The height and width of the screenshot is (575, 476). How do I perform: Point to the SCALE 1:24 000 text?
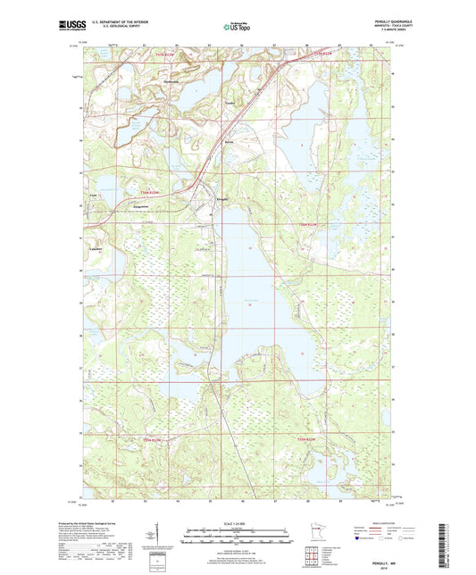(237, 522)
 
